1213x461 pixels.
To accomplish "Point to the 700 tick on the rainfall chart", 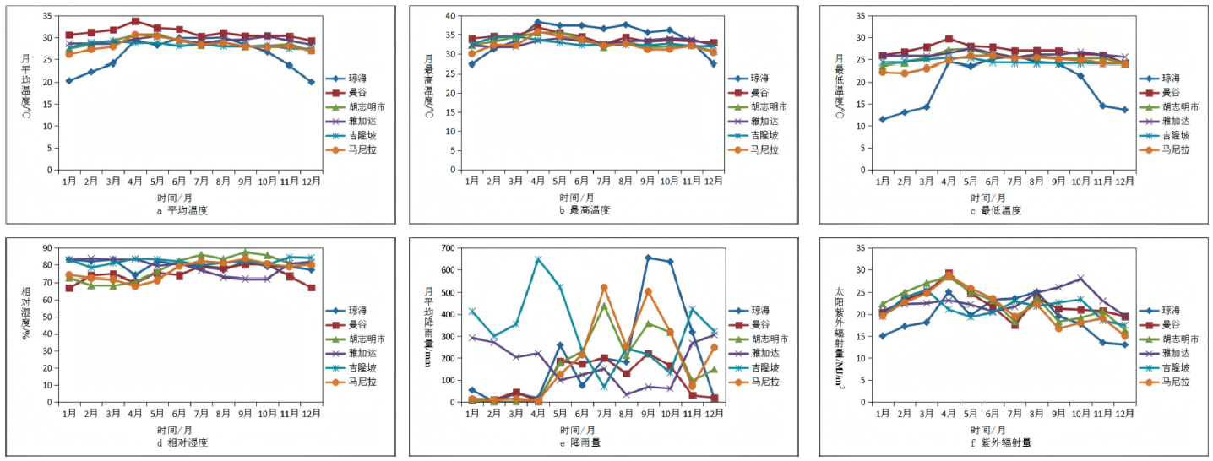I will click(x=446, y=248).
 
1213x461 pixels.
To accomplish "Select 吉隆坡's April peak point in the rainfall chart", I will click(x=538, y=259).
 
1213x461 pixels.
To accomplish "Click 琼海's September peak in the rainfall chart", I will click(x=648, y=258).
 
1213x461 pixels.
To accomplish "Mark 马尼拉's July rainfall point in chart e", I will click(x=604, y=288).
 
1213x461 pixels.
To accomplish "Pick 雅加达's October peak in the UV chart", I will click(x=1080, y=278).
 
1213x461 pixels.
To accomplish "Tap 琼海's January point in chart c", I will click(x=883, y=119).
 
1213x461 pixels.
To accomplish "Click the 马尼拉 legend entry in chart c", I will click(x=1175, y=149).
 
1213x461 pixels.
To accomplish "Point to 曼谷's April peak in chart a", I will click(x=135, y=21).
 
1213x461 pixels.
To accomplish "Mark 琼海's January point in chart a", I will click(x=69, y=81).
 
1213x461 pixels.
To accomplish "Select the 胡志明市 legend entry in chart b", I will click(x=768, y=106).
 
